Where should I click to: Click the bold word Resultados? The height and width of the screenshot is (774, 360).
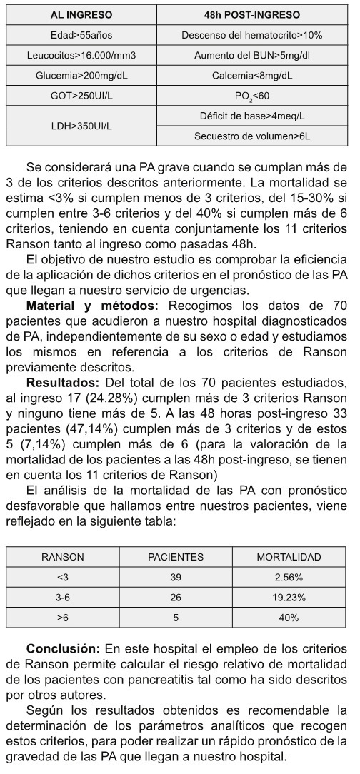(59, 380)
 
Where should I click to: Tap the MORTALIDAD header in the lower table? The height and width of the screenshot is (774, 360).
(289, 557)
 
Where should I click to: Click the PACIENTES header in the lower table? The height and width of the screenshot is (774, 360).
(176, 557)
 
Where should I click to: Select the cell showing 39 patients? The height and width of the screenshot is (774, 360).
(176, 577)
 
